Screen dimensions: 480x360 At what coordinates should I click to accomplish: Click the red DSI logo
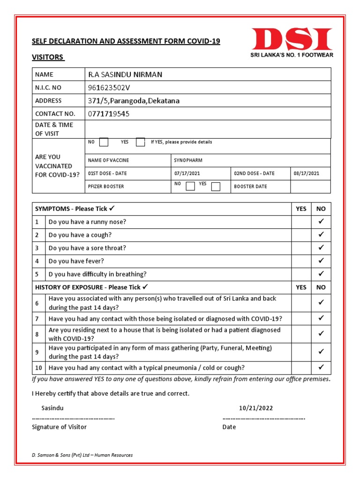[x=292, y=40]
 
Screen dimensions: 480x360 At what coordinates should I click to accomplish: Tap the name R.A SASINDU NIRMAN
[x=125, y=75]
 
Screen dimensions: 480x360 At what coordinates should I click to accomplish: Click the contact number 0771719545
[x=109, y=114]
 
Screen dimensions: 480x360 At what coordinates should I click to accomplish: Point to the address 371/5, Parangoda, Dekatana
[x=134, y=101]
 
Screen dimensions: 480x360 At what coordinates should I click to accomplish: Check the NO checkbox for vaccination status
[x=105, y=142]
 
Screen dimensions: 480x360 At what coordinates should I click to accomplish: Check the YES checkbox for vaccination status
[x=140, y=142]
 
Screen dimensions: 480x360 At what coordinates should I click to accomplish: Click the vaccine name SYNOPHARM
[x=188, y=160]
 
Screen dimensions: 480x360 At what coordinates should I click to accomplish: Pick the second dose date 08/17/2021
[x=307, y=173]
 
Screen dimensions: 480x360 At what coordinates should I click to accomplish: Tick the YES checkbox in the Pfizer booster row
[x=216, y=187]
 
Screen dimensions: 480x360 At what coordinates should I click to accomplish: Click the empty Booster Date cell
[x=310, y=187]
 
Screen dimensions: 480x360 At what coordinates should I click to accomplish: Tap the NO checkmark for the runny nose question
[x=321, y=222]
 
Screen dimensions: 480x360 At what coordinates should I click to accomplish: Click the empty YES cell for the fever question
[x=301, y=261]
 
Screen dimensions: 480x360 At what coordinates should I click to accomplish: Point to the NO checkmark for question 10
[x=321, y=367]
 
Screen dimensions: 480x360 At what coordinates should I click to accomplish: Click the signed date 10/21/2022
[x=255, y=408]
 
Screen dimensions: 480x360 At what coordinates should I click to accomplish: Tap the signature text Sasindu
[x=52, y=408]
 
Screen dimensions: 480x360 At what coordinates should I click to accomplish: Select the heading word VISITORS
[x=47, y=57]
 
